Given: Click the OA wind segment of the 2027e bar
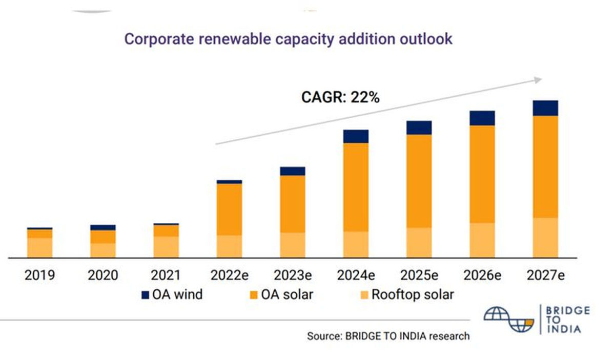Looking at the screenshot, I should pyautogui.click(x=545, y=108).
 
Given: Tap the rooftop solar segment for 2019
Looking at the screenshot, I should pyautogui.click(x=39, y=247).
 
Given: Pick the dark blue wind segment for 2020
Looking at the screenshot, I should pyautogui.click(x=102, y=227).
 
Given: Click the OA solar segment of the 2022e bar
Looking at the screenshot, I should pyautogui.click(x=229, y=209).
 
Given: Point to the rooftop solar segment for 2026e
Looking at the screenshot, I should pyautogui.click(x=482, y=240).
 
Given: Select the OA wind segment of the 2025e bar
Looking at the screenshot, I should pyautogui.click(x=419, y=128).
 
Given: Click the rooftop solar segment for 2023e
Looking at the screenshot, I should pyautogui.click(x=293, y=245).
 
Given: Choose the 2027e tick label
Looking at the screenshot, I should pyautogui.click(x=545, y=276).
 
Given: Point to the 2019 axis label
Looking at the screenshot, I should pyautogui.click(x=39, y=276).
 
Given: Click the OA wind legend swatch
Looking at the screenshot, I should pyautogui.click(x=145, y=295).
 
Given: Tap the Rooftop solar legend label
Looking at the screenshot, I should pyautogui.click(x=413, y=295).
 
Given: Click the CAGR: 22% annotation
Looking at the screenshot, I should pyautogui.click(x=339, y=97).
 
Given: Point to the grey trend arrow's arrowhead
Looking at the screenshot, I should pyautogui.click(x=538, y=79).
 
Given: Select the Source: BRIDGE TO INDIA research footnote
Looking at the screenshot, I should pyautogui.click(x=388, y=336).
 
